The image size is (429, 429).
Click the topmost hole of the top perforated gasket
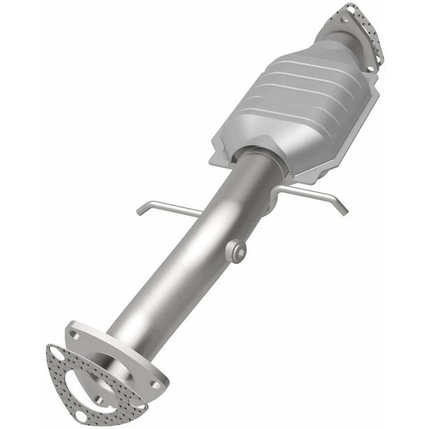click(x=350, y=8)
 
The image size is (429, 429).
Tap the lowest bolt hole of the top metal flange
click(x=370, y=68)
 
